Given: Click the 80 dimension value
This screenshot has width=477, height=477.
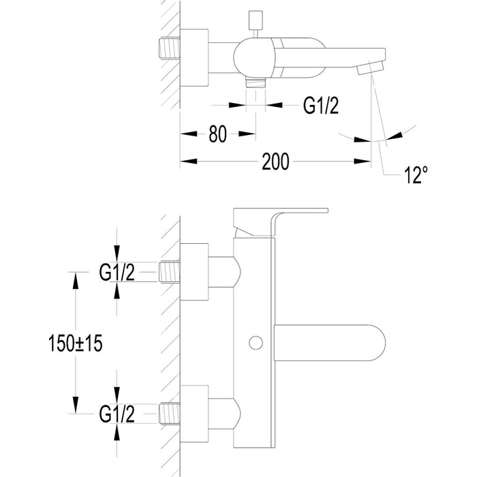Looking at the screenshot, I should pos(217,134).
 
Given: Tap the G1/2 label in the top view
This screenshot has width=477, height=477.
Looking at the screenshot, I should pos(320,105).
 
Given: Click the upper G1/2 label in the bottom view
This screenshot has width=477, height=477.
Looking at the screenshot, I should pos(117,273).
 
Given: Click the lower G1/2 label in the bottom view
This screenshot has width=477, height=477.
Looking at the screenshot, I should pos(117,414).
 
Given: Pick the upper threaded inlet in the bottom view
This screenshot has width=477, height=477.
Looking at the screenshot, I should pos(170,273).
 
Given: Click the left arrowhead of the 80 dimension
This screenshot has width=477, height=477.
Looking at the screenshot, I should pos(185,134).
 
